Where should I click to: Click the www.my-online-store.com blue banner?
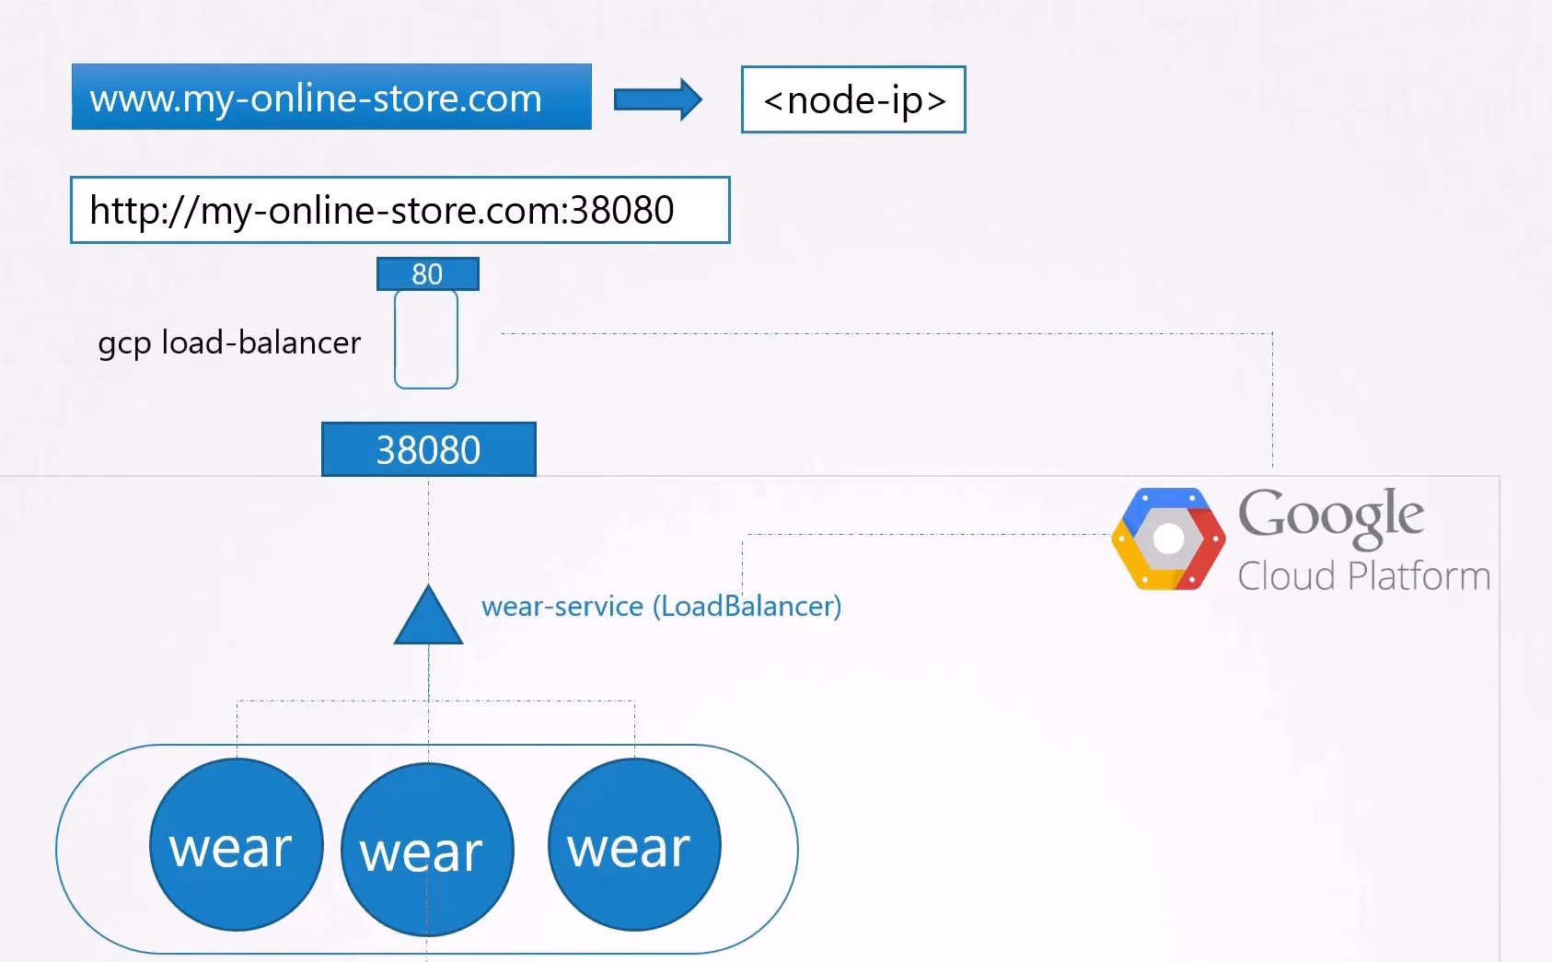click(x=331, y=97)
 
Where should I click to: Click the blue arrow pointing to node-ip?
click(x=658, y=99)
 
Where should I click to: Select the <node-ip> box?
click(x=853, y=99)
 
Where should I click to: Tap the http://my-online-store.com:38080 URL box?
click(x=400, y=210)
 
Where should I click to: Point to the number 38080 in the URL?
click(x=621, y=210)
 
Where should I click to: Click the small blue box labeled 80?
click(x=427, y=273)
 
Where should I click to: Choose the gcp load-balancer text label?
click(x=229, y=343)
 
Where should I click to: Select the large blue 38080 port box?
click(x=429, y=449)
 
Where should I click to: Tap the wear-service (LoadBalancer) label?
click(x=662, y=607)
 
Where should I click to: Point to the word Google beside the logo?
click(x=1331, y=516)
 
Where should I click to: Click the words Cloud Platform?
click(x=1363, y=576)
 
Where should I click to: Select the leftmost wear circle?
click(x=237, y=844)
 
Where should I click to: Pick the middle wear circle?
click(x=427, y=850)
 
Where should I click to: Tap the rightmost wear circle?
click(x=634, y=844)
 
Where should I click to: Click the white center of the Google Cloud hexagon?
click(x=1169, y=539)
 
